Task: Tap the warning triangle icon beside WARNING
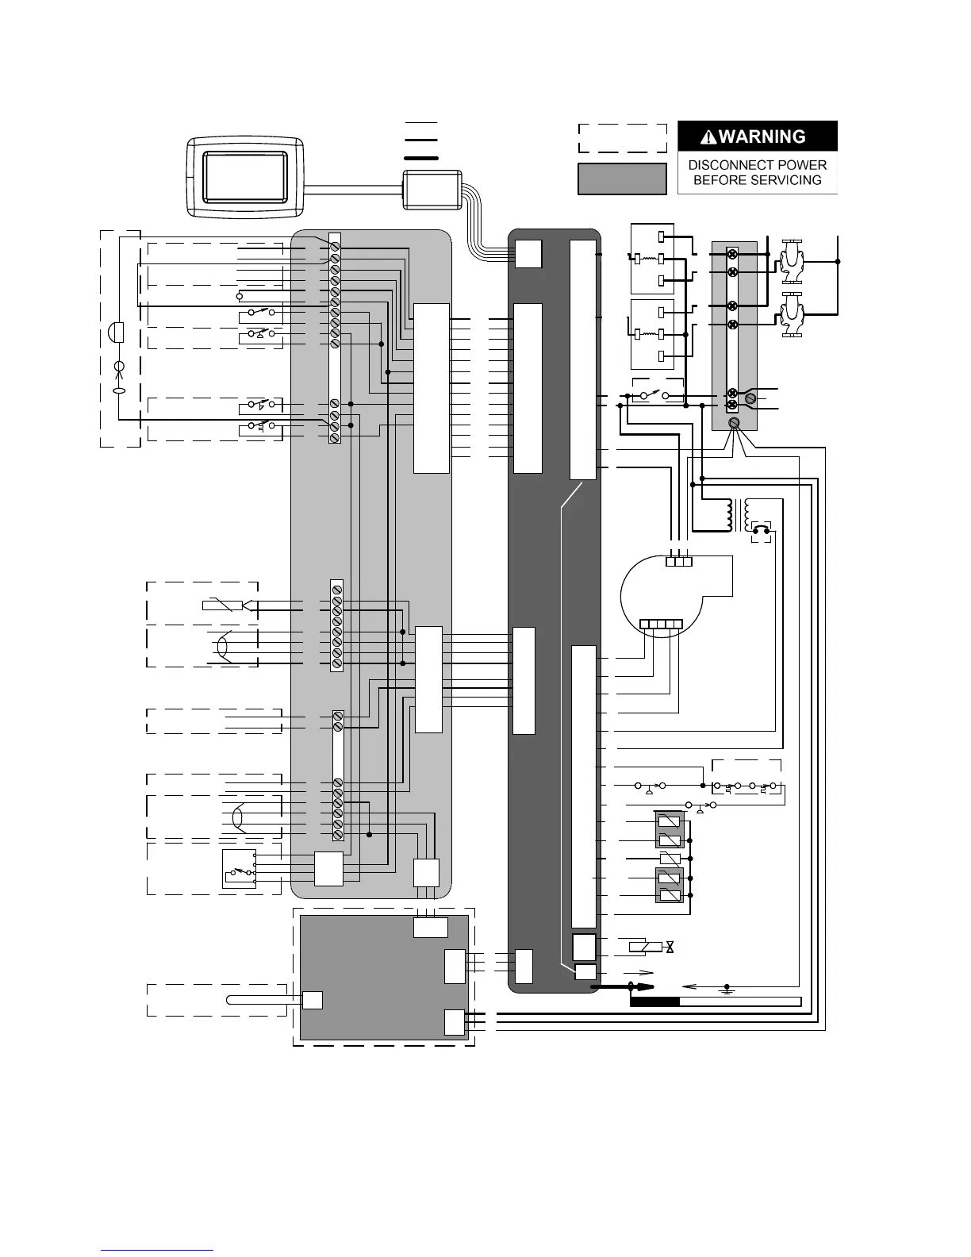pos(708,137)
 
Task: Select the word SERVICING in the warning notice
pos(789,180)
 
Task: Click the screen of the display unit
pos(245,176)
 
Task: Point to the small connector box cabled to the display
pos(432,190)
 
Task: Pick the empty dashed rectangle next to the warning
pos(621,138)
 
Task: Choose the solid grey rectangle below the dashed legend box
pos(621,179)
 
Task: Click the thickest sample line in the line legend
pos(420,158)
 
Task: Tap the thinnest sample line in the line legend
pos(420,124)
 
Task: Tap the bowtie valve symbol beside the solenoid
pos(670,947)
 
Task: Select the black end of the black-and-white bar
pos(654,1001)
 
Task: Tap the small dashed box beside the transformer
pos(761,533)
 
